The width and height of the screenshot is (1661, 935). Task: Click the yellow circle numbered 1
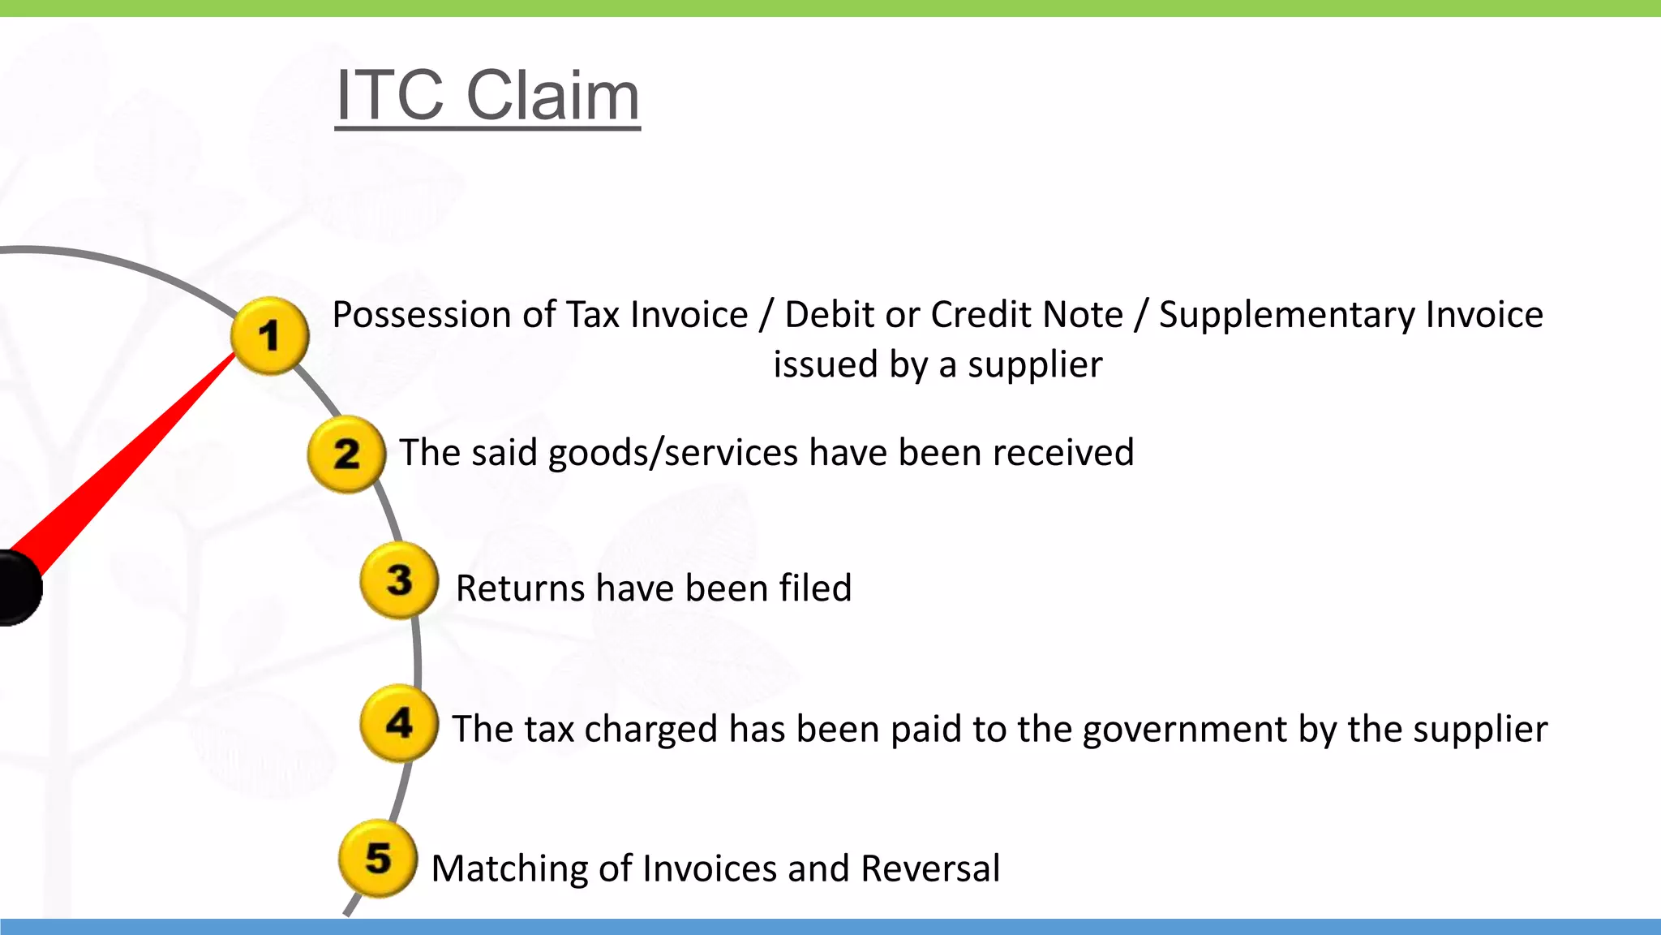coord(269,335)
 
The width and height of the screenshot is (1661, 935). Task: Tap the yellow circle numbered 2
coord(346,453)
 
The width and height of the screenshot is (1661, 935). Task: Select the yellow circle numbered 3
coord(399,580)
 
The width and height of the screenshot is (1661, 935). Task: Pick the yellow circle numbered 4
coord(399,722)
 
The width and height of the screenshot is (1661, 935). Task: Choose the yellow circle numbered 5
coord(378,858)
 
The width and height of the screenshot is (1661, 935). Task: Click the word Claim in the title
coord(552,95)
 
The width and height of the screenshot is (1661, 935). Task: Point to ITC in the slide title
coord(390,95)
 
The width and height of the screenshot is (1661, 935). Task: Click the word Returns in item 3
coord(520,588)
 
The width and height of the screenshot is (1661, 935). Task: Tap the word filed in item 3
coord(815,588)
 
